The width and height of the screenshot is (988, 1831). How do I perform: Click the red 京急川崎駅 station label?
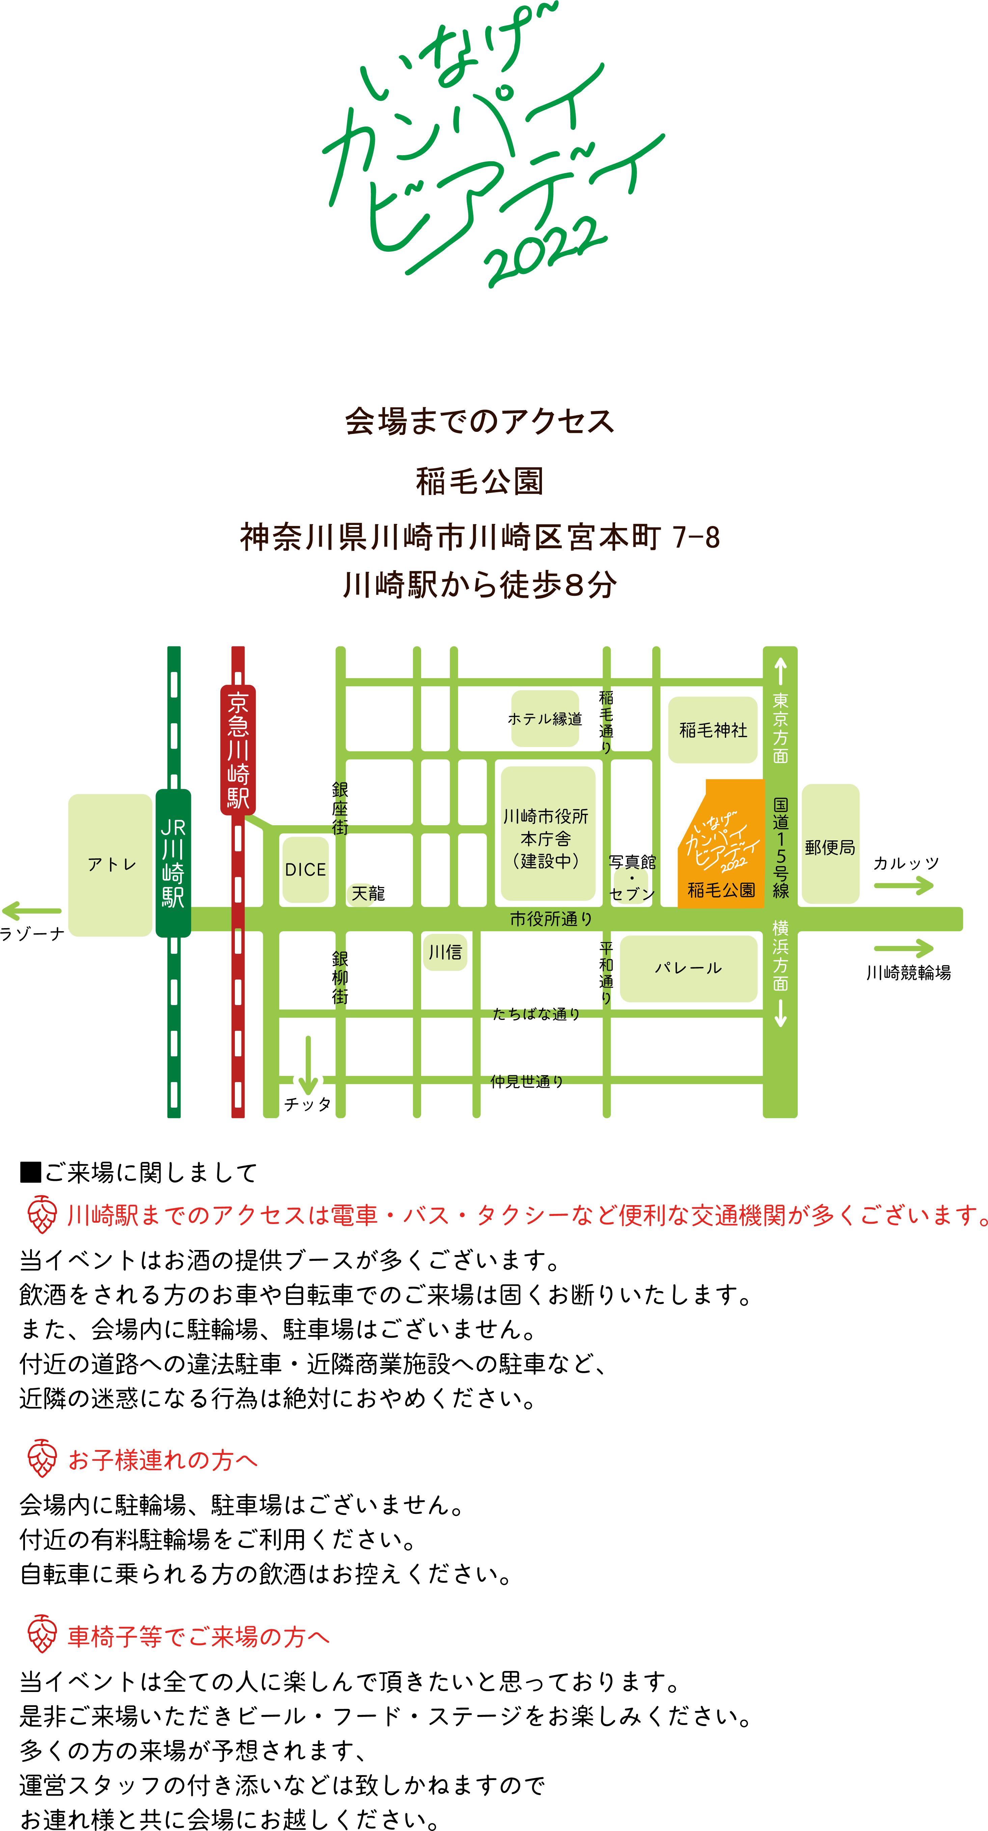[x=238, y=750]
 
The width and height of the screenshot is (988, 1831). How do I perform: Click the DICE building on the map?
[x=306, y=869]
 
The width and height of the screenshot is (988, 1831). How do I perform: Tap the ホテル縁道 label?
[x=545, y=719]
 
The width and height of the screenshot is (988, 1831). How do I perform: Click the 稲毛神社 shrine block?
[x=713, y=730]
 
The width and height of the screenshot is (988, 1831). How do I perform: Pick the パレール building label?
[x=688, y=968]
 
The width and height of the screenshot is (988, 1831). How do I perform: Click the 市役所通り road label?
[x=551, y=919]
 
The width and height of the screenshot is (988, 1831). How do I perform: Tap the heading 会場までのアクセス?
[x=480, y=421]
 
